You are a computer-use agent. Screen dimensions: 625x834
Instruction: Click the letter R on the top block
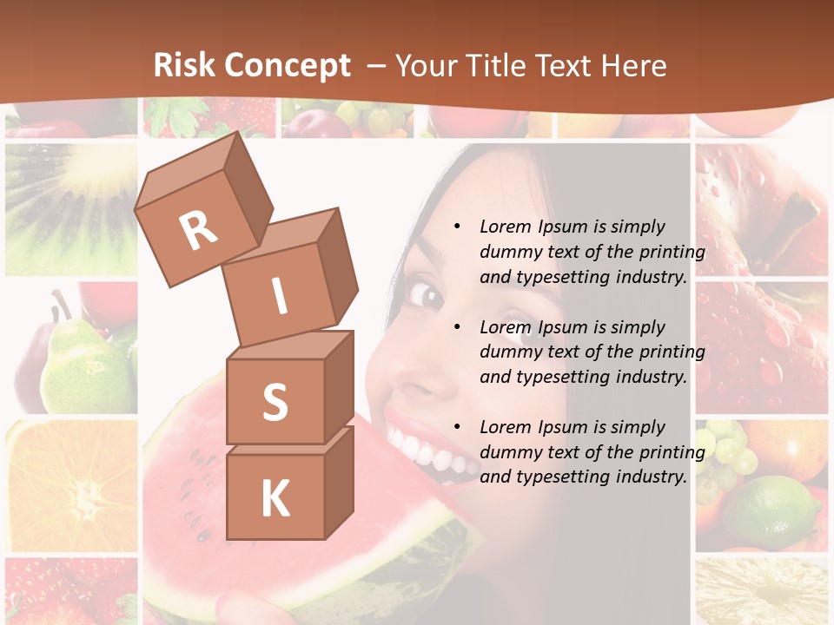coord(198,230)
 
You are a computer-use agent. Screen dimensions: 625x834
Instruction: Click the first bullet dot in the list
coord(457,227)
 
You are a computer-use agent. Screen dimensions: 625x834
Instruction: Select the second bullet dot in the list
coord(457,327)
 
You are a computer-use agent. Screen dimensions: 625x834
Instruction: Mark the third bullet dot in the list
coord(457,427)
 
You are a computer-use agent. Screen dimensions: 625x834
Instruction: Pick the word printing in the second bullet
coord(672,352)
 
